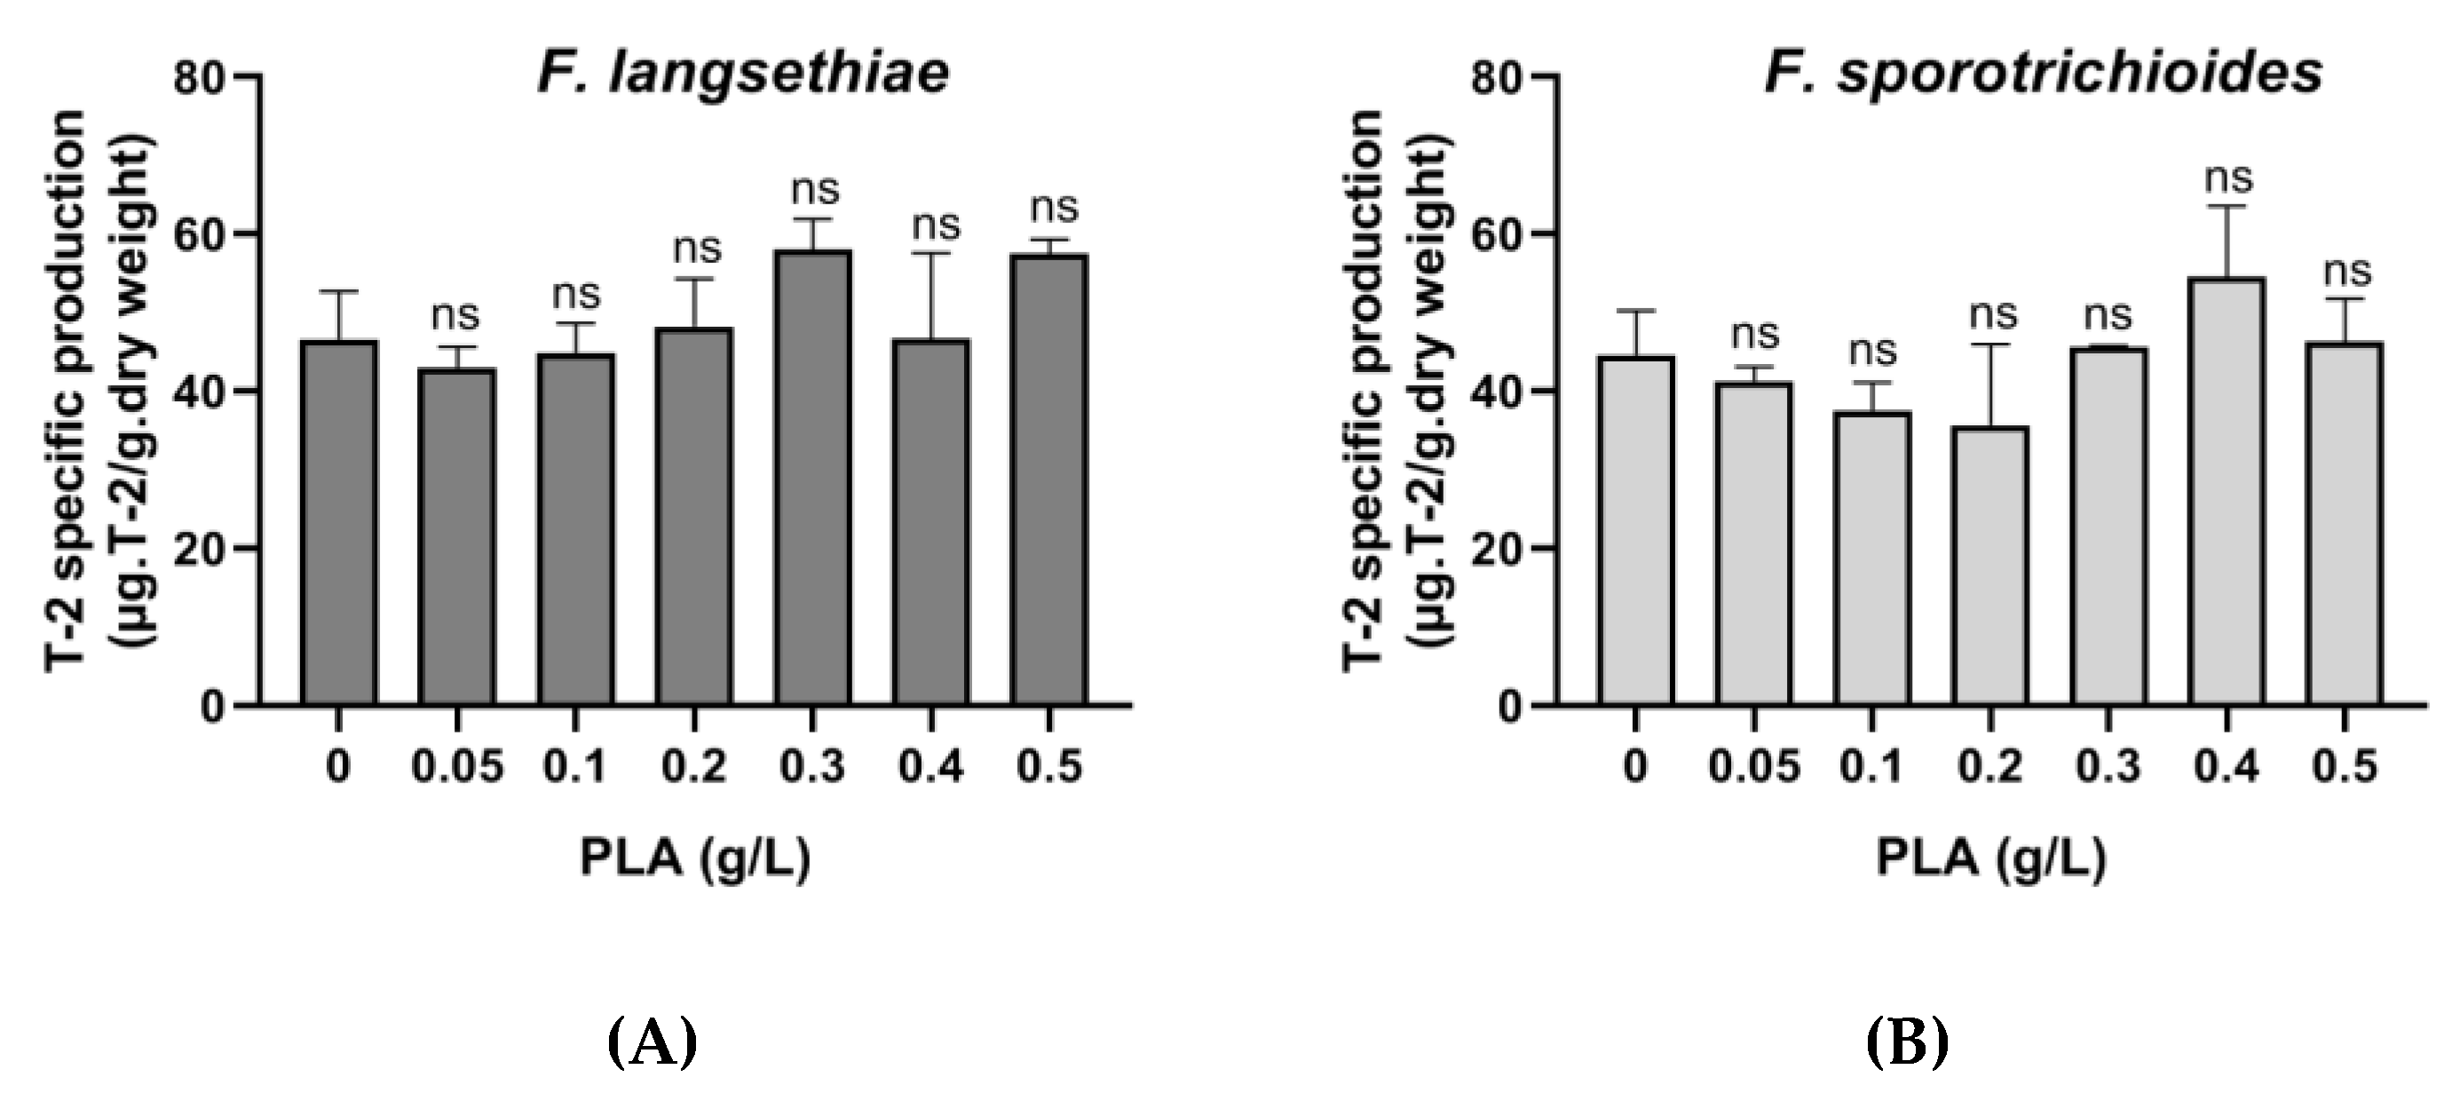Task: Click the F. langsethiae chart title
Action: [743, 73]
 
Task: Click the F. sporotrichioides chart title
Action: [2043, 73]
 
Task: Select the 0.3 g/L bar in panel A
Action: [812, 478]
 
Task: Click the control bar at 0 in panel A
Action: [339, 522]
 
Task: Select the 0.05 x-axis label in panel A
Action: [457, 767]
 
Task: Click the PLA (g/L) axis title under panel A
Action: [695, 859]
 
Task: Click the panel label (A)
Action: [653, 1042]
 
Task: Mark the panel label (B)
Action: [1907, 1042]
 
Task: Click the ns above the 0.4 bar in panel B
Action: [2228, 178]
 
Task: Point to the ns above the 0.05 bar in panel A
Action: [455, 314]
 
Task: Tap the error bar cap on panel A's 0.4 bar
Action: [931, 253]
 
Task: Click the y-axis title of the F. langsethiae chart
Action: [100, 392]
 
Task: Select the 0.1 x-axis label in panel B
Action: [1871, 767]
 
